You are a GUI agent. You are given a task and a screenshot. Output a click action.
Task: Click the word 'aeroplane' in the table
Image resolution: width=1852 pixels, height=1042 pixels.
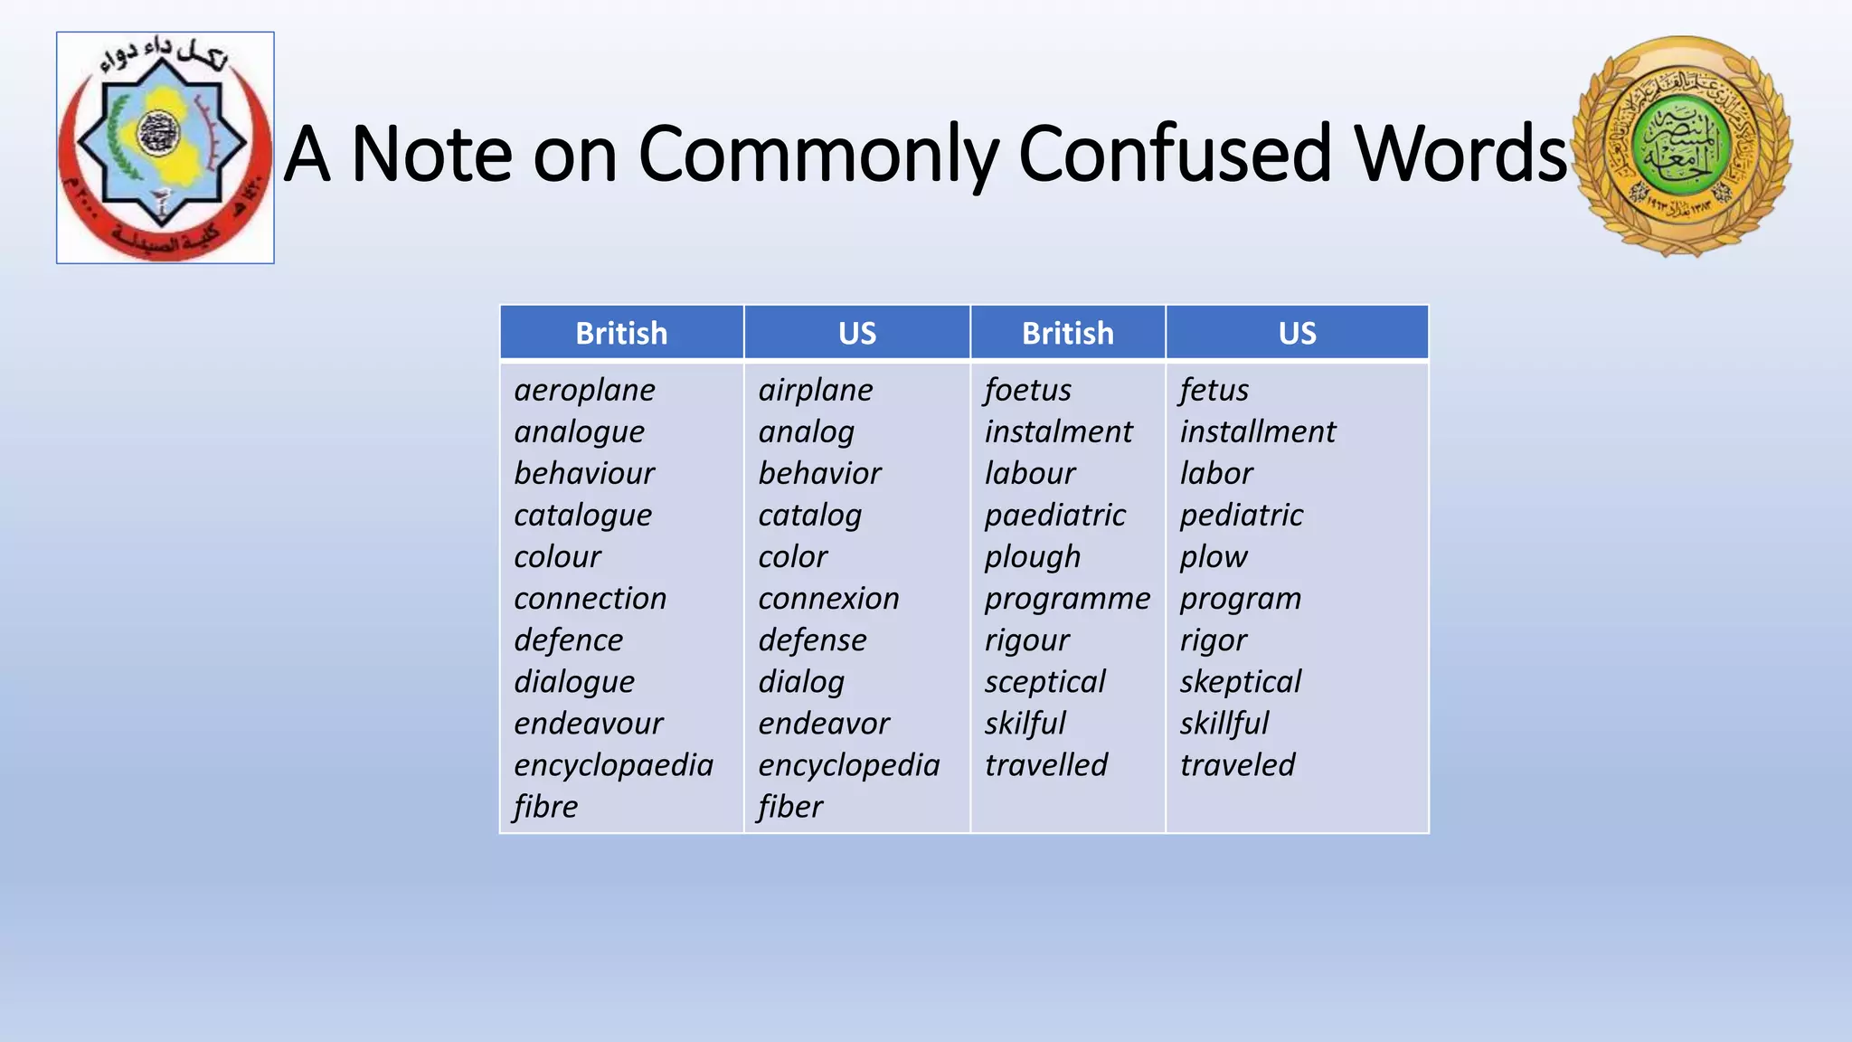tap(584, 390)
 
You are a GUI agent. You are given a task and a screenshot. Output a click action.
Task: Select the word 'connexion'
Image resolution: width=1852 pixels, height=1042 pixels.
tap(828, 599)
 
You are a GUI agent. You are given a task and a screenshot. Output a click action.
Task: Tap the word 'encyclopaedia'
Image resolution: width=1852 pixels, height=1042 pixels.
tap(613, 765)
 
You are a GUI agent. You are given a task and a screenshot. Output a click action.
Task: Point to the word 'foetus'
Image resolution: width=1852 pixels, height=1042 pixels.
tap(1027, 390)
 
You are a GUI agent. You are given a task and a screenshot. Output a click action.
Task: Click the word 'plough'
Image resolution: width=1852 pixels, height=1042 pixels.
tap(1032, 557)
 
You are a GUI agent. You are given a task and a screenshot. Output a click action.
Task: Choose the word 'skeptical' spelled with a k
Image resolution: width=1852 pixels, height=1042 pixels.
tap(1240, 682)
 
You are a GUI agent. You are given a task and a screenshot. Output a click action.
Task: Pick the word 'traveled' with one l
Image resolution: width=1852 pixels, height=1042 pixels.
tap(1237, 765)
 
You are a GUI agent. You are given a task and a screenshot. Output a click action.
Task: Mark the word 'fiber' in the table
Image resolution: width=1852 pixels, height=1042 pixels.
tap(790, 807)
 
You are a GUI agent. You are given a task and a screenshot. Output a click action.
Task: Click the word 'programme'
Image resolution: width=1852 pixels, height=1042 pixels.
tap(1067, 599)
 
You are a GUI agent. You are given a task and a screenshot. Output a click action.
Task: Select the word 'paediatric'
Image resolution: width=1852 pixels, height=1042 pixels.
tap(1054, 516)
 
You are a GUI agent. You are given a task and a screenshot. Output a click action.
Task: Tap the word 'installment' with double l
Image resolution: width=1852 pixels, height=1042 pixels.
tap(1257, 431)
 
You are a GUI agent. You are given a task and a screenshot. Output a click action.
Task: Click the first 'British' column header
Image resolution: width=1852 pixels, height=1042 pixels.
tap(621, 333)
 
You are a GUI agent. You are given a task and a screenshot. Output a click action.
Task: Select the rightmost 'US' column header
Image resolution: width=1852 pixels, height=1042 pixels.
tap(1297, 333)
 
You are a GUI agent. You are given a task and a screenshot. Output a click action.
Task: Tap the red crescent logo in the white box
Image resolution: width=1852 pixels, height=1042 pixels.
tap(165, 148)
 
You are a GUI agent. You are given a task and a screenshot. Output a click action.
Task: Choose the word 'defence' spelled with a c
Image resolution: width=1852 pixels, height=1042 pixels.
tap(568, 640)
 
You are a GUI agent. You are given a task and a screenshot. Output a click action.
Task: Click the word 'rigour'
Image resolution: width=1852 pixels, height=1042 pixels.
tap(1026, 640)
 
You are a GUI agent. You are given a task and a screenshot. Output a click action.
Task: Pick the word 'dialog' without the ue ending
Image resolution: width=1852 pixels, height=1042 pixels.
tap(801, 682)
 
